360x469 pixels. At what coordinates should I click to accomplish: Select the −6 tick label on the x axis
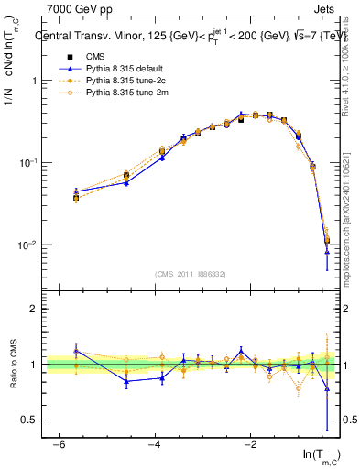point(59,443)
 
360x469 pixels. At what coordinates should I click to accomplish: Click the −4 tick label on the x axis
point(154,443)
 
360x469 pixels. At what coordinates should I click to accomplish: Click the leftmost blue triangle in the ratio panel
point(76,351)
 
